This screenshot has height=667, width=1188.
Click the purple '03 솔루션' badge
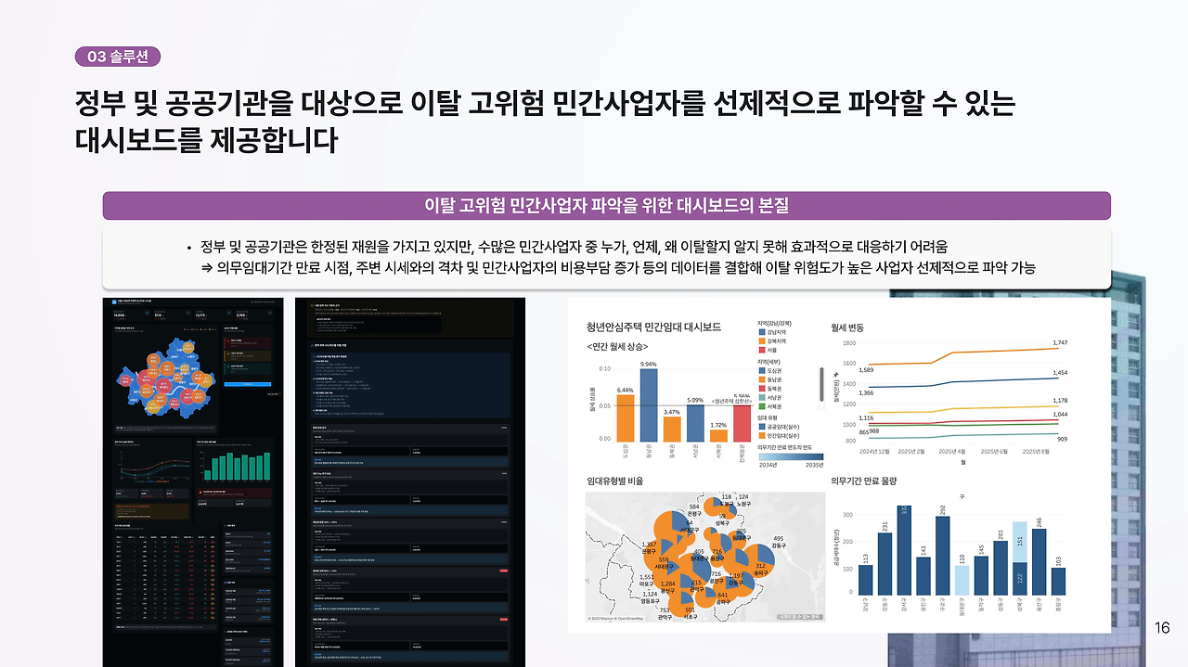point(118,57)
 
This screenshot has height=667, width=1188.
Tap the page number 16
point(1162,628)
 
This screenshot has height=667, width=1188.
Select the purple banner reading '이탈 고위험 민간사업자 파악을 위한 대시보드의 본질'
point(606,205)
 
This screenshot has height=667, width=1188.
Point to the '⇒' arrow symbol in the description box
point(207,267)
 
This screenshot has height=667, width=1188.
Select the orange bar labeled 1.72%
point(718,435)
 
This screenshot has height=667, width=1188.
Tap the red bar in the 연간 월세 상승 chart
point(742,423)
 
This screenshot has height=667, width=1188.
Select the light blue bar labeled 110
point(962,580)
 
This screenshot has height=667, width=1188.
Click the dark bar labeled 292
point(942,555)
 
